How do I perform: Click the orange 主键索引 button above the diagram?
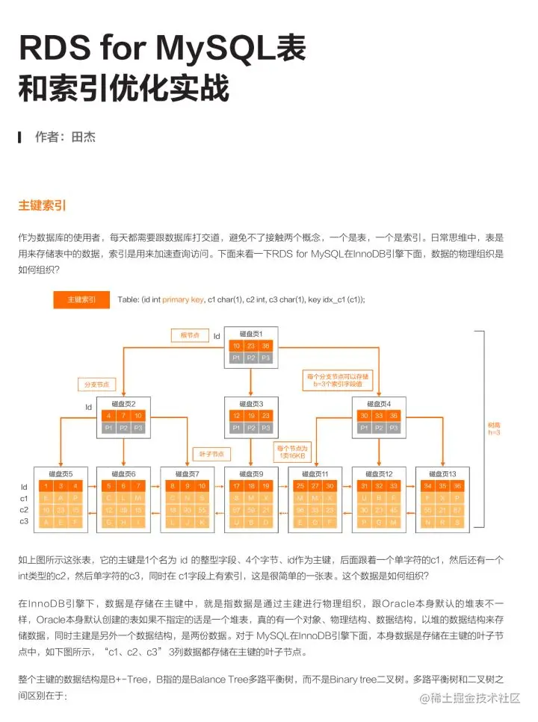(x=81, y=299)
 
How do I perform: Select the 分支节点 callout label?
(x=97, y=385)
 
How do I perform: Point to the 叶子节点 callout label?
(x=211, y=454)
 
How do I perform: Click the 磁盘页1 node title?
(x=250, y=333)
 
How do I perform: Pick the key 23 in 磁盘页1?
(x=250, y=346)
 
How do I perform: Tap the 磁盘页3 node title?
(x=250, y=403)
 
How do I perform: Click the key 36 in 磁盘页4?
(x=394, y=416)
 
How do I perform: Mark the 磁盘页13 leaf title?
(x=441, y=473)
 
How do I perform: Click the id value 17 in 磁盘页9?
(x=237, y=486)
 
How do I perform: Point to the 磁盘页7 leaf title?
(x=187, y=473)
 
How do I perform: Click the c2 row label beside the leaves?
(x=25, y=510)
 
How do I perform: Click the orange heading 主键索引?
(x=43, y=205)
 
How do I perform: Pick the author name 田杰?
(x=84, y=137)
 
